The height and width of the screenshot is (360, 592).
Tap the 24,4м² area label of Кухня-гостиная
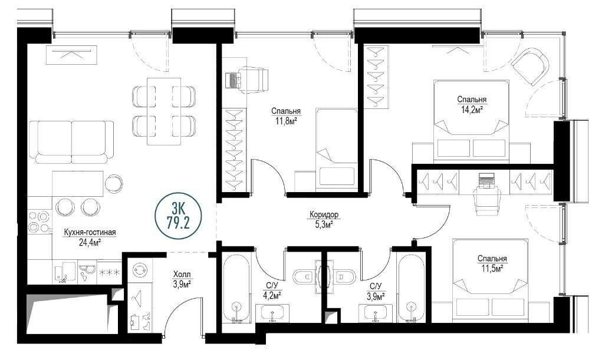(90, 242)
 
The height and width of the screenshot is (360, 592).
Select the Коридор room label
(324, 214)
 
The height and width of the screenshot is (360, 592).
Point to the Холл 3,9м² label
(182, 279)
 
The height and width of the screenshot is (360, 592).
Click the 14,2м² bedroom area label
(472, 110)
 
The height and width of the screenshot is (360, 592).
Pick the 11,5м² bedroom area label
(492, 268)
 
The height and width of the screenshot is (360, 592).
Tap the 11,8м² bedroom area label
(286, 121)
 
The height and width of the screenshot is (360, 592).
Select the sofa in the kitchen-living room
(71, 142)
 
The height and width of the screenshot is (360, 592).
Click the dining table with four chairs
(164, 111)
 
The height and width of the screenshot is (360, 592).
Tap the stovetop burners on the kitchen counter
(40, 222)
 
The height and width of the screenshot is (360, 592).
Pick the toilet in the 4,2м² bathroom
(303, 277)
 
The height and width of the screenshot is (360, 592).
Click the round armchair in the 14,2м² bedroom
(529, 67)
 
